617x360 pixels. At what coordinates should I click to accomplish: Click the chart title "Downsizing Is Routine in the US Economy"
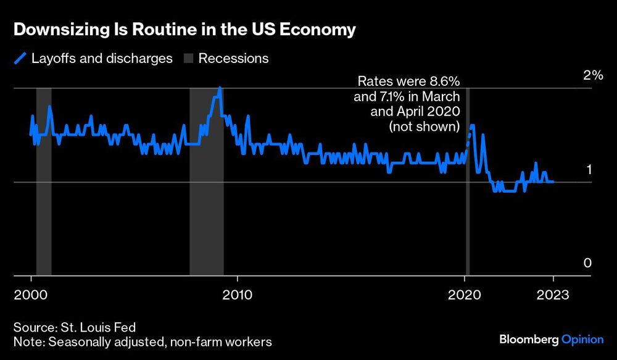pyautogui.click(x=184, y=30)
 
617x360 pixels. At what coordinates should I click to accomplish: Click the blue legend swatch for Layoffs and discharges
pyautogui.click(x=20, y=59)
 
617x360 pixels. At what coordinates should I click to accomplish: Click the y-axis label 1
pyautogui.click(x=588, y=169)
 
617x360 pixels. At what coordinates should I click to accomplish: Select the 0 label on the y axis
pyautogui.click(x=587, y=263)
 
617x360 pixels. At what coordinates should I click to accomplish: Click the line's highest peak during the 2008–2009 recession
pyautogui.click(x=220, y=88)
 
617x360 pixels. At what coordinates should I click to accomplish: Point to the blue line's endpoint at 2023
pyautogui.click(x=553, y=182)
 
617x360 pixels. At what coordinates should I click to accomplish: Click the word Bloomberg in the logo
pyautogui.click(x=528, y=339)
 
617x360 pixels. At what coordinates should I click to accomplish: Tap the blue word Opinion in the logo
pyautogui.click(x=582, y=339)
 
